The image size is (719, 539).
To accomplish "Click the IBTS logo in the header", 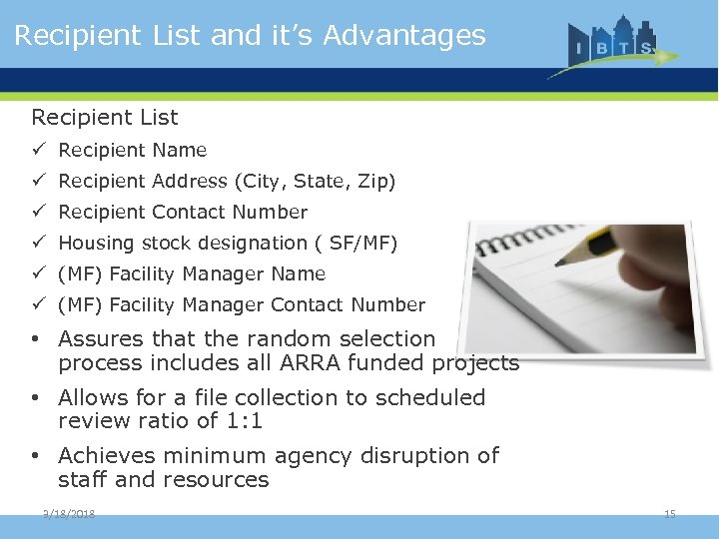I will click(612, 45).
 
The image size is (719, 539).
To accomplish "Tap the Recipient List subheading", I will click(105, 118).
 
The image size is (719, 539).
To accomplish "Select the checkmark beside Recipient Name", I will click(38, 150).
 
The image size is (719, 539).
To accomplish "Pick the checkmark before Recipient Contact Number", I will click(38, 212).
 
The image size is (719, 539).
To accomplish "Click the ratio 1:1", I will click(245, 421).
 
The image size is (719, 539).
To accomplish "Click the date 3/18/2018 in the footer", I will click(70, 513).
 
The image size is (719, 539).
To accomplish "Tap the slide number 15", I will click(670, 513).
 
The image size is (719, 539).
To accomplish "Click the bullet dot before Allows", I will click(35, 398).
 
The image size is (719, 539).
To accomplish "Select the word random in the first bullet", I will click(286, 339).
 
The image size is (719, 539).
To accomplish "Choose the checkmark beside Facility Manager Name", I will click(38, 273).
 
